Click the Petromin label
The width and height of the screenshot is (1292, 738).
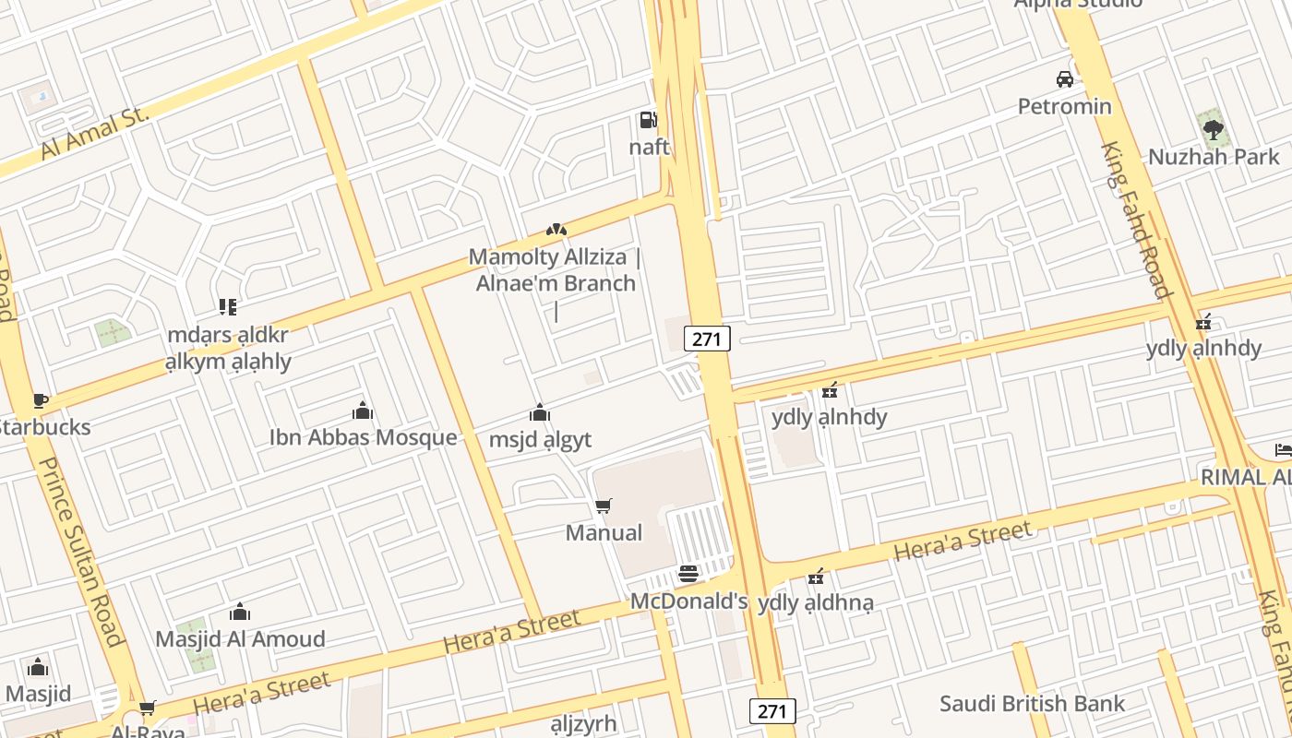coord(1064,106)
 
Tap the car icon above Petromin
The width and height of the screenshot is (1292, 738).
coord(1065,79)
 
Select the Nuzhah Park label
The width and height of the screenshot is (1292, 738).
coord(1214,157)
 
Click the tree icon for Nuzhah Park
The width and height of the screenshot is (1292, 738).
coord(1213,128)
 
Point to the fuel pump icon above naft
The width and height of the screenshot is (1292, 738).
coord(648,119)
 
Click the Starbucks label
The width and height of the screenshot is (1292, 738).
coord(44,427)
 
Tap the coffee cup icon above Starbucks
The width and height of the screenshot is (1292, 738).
coord(40,400)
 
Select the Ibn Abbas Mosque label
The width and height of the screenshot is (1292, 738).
coord(363,437)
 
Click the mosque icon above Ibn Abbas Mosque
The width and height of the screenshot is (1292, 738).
coord(363,411)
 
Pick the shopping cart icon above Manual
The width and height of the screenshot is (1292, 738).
coord(604,506)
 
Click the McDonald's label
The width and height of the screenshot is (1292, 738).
coord(688,601)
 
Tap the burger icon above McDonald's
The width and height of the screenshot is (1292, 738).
coord(688,575)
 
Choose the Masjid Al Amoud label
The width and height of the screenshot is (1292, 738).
coord(240,638)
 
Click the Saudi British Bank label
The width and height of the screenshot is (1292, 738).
coord(1032,704)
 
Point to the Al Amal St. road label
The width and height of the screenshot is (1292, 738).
coord(95,133)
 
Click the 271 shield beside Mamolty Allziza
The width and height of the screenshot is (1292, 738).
coord(707,339)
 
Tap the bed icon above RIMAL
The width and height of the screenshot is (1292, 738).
coord(1283,450)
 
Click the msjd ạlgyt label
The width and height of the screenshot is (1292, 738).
coord(540,439)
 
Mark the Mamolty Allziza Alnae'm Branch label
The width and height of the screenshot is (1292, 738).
coord(556,269)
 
